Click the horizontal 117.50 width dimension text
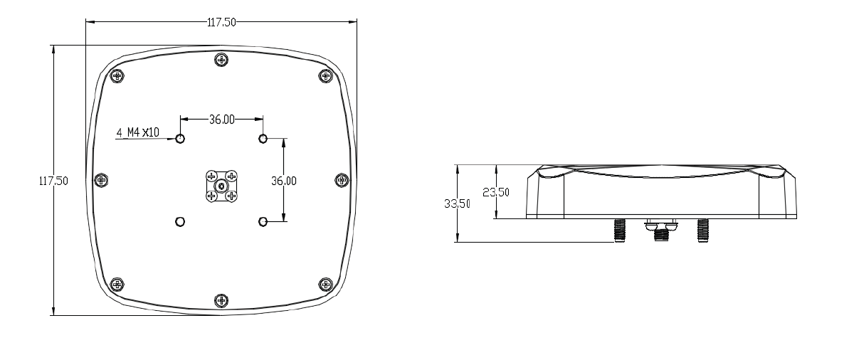click(221, 22)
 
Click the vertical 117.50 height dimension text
click(54, 181)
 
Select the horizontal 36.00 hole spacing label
click(221, 120)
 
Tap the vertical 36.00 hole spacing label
click(284, 181)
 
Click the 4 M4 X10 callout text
click(138, 132)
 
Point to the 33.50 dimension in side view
click(457, 203)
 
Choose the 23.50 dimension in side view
click(496, 192)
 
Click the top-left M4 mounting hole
click(180, 138)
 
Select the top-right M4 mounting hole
click(263, 138)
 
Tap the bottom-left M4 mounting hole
click(180, 221)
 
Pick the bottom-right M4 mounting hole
click(263, 221)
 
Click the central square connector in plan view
click(221, 186)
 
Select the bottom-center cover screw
click(221, 301)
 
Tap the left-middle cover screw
click(101, 180)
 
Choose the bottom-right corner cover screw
click(326, 285)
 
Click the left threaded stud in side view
click(618, 230)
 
